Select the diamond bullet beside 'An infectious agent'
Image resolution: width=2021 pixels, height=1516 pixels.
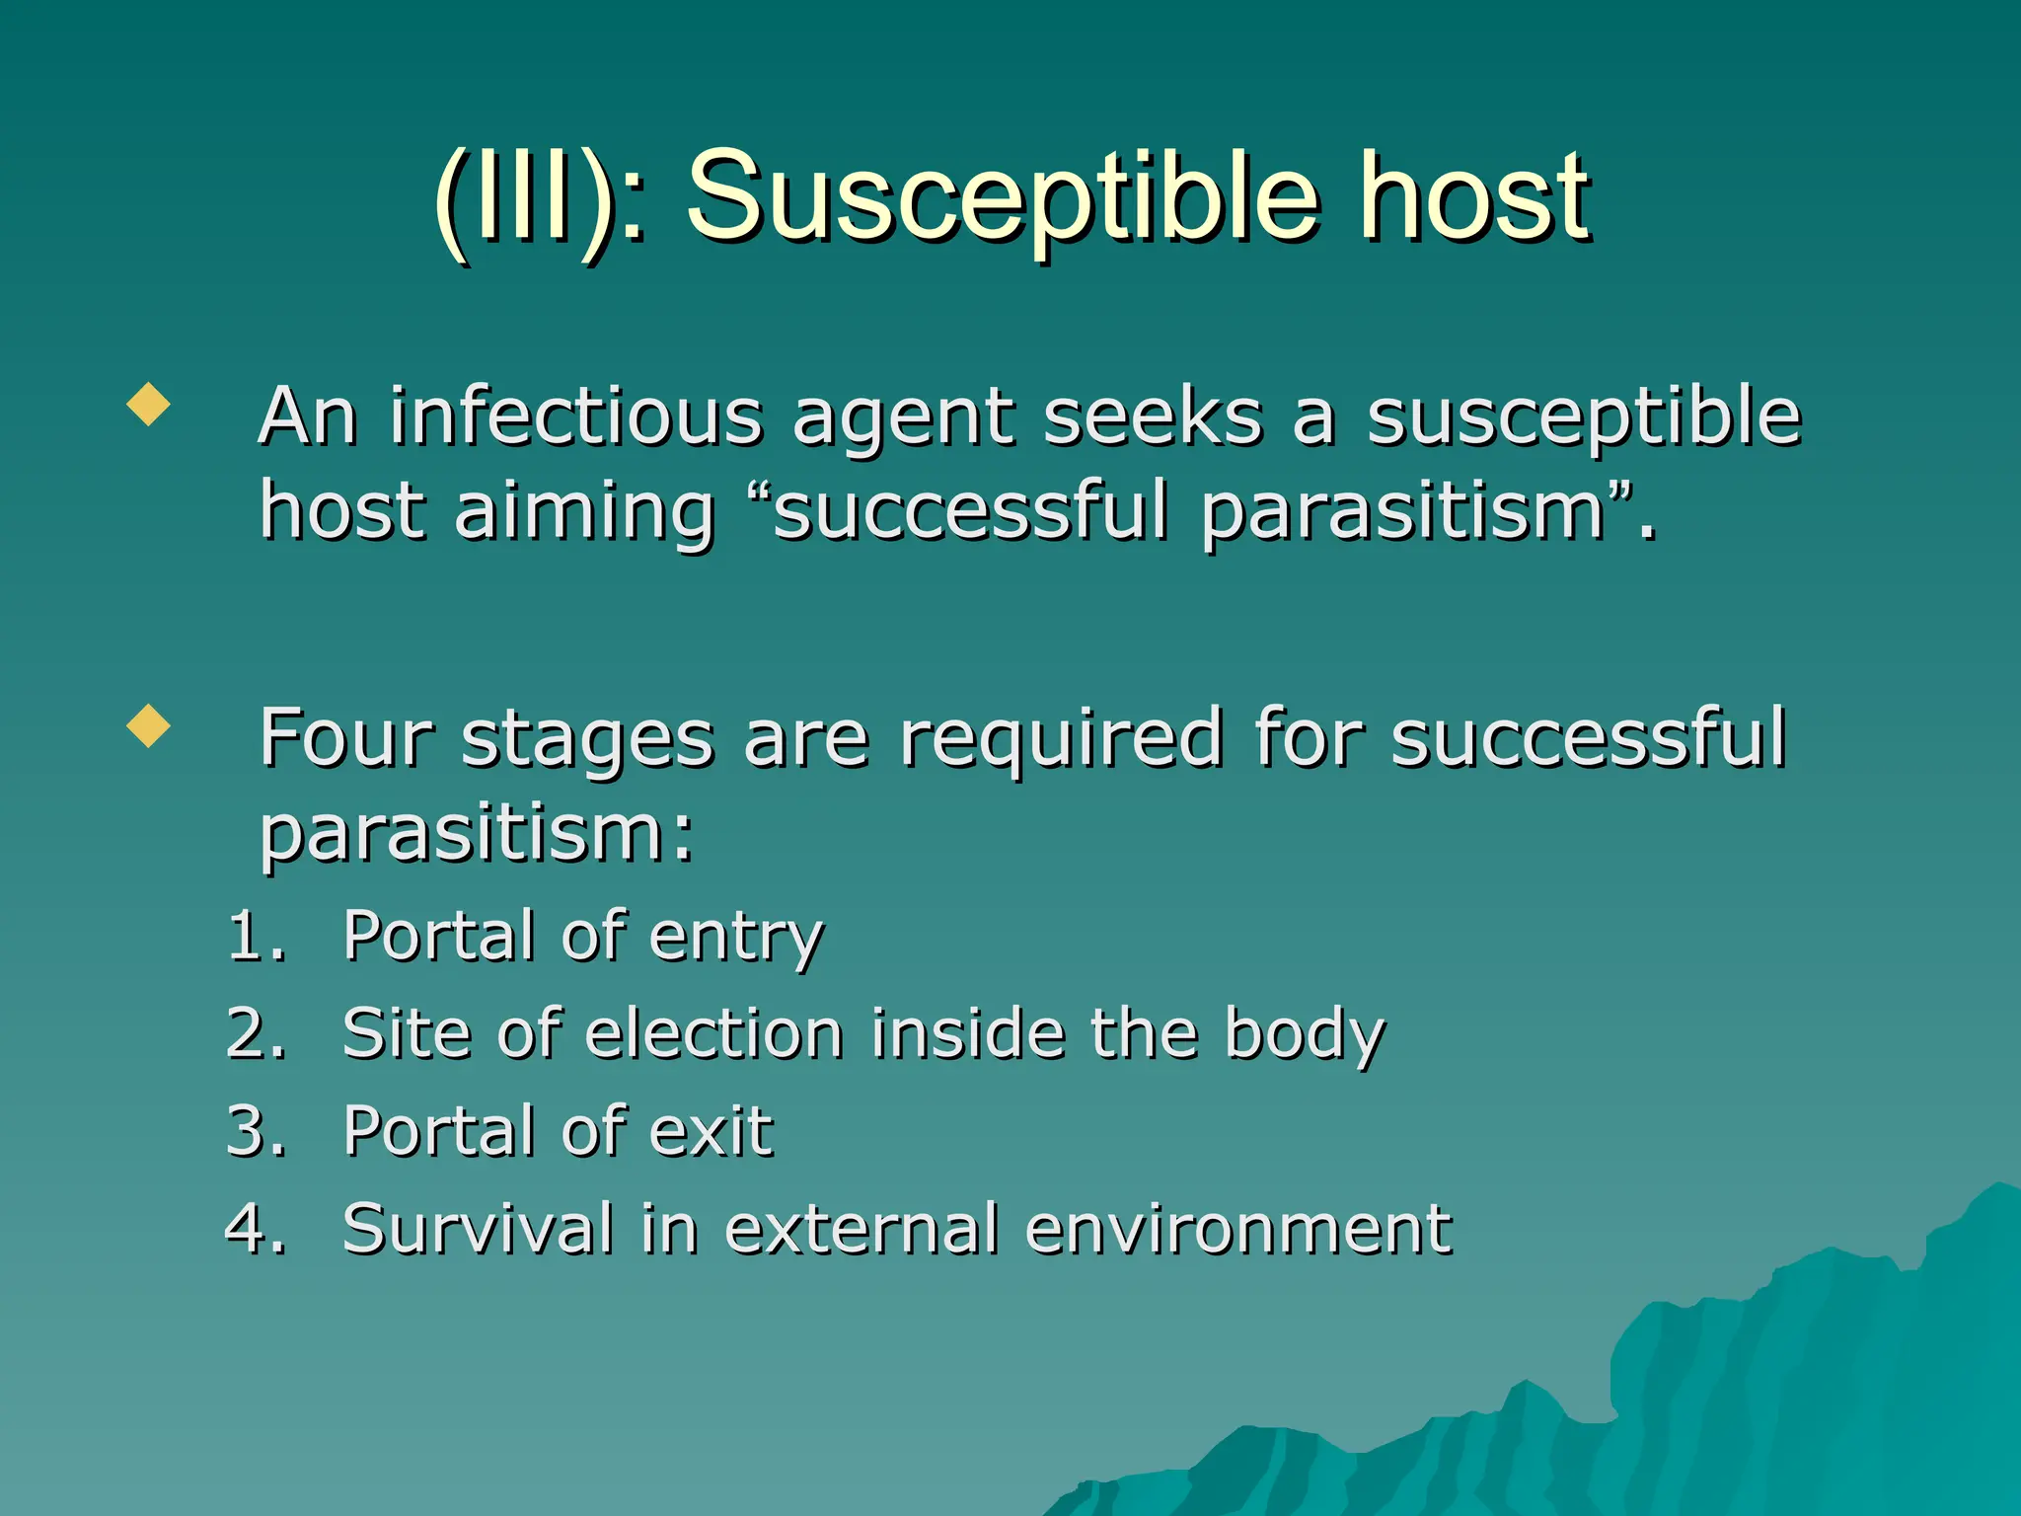148,404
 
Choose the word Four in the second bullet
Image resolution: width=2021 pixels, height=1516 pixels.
345,737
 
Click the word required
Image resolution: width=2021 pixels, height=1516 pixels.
1060,737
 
